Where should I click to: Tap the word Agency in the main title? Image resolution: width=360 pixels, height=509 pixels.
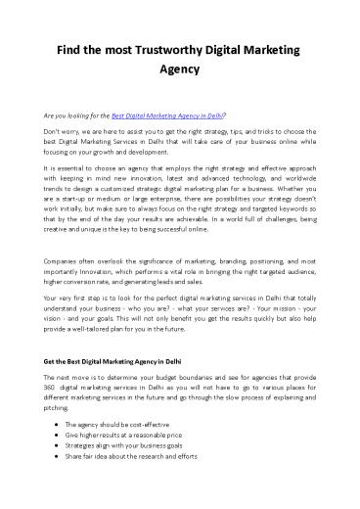tap(180, 70)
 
